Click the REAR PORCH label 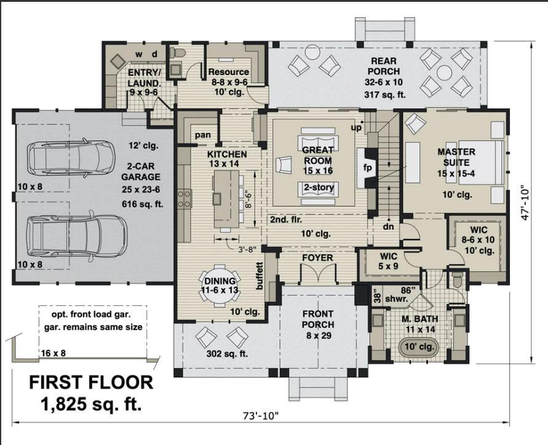pyautogui.click(x=383, y=66)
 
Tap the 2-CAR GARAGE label pyautogui.click(x=141, y=172)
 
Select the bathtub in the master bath pyautogui.click(x=419, y=347)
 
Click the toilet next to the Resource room pyautogui.click(x=178, y=53)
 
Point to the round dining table pyautogui.click(x=220, y=286)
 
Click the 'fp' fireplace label pyautogui.click(x=368, y=167)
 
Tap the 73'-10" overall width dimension pyautogui.click(x=261, y=416)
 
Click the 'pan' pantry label pyautogui.click(x=203, y=135)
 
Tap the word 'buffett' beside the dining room pyautogui.click(x=259, y=276)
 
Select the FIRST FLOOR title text pyautogui.click(x=91, y=382)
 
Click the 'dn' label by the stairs pyautogui.click(x=388, y=227)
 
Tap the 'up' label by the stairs pyautogui.click(x=356, y=127)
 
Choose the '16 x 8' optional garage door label pyautogui.click(x=53, y=353)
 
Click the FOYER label pyautogui.click(x=317, y=258)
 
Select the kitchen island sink pyautogui.click(x=216, y=198)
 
